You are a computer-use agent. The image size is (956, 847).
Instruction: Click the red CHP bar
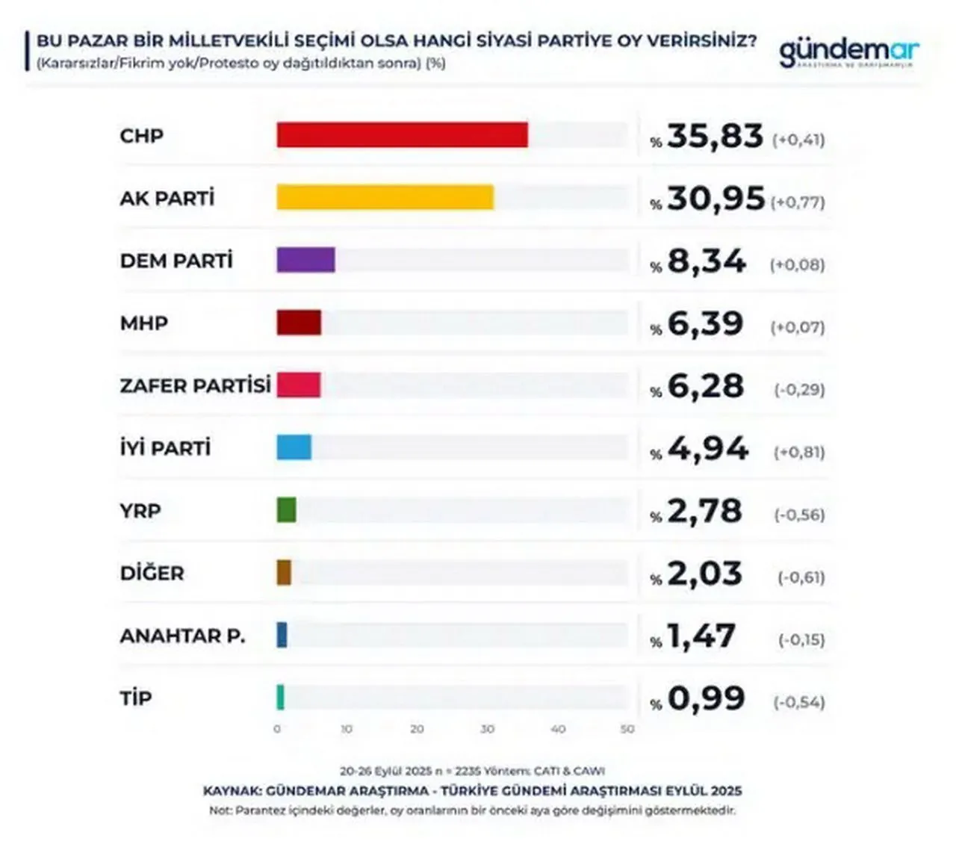coord(402,135)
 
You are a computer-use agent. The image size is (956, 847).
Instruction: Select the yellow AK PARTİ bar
coord(385,197)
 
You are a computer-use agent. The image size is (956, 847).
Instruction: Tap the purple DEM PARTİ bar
coord(305,260)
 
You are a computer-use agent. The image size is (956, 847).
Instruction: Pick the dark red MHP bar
coord(299,323)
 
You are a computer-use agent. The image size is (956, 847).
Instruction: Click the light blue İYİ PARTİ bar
coord(294,447)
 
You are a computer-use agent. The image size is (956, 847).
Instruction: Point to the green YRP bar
coord(286,510)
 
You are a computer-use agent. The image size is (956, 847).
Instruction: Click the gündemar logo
coord(848,53)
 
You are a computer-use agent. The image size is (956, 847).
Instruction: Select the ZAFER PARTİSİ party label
coord(195,385)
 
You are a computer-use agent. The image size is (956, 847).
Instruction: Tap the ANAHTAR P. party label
coord(182,636)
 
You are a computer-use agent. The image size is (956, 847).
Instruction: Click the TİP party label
coord(136,698)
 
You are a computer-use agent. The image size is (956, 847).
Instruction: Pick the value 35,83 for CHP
coord(715,137)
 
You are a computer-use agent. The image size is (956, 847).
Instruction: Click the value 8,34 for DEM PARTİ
coord(706,261)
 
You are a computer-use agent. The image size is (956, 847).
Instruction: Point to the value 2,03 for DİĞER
coord(704,574)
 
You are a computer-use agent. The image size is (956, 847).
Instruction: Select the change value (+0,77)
coord(798,202)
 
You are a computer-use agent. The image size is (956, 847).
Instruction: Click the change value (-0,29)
coord(799,390)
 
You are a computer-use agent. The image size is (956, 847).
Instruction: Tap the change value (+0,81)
coord(799,453)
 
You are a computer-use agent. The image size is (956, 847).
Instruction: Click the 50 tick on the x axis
coord(627,729)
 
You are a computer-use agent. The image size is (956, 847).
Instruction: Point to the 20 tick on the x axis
coord(417,729)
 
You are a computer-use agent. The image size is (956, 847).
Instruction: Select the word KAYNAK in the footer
coord(231,791)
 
